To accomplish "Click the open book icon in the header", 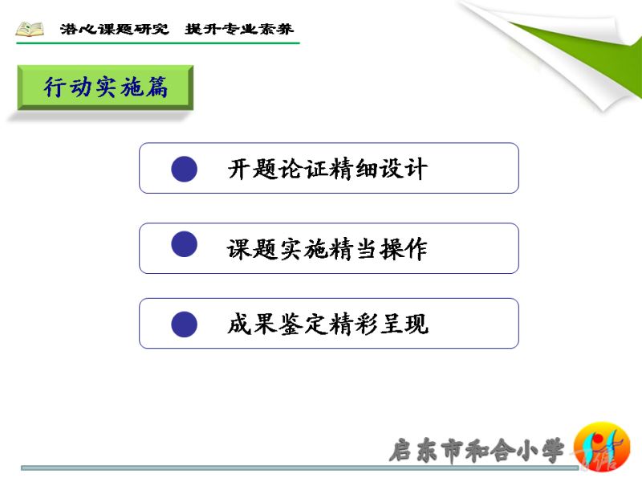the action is click(x=30, y=29).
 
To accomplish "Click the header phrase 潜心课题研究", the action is click(x=114, y=29).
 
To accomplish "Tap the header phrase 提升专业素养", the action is click(x=239, y=29).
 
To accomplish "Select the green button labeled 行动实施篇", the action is click(x=105, y=88).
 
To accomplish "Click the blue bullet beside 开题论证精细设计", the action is click(x=185, y=169).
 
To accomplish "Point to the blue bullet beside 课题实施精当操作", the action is click(x=185, y=244).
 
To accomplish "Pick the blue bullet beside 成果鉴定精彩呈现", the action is click(x=185, y=325).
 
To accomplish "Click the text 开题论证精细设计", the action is click(x=327, y=169).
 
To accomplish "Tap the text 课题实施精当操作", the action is click(x=327, y=249).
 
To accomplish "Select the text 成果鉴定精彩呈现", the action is click(x=328, y=324).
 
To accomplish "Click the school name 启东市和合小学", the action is click(x=477, y=451).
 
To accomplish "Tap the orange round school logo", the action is click(x=602, y=447).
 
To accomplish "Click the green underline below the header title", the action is click(x=158, y=43).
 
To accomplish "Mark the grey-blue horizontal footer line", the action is click(x=299, y=468).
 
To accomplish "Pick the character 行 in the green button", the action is click(x=55, y=87).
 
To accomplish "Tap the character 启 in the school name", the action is click(x=401, y=451).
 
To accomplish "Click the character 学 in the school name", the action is click(x=552, y=451).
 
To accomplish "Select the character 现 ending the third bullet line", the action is click(x=416, y=324).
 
